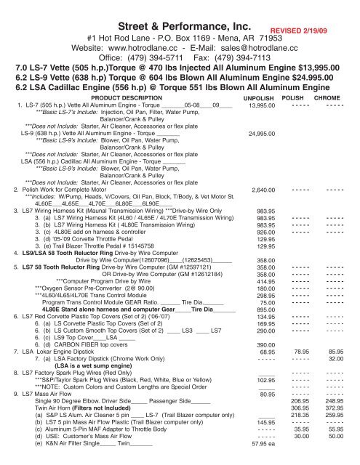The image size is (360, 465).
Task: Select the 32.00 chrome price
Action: point(335,381)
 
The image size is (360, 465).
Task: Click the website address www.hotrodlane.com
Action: point(129,46)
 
